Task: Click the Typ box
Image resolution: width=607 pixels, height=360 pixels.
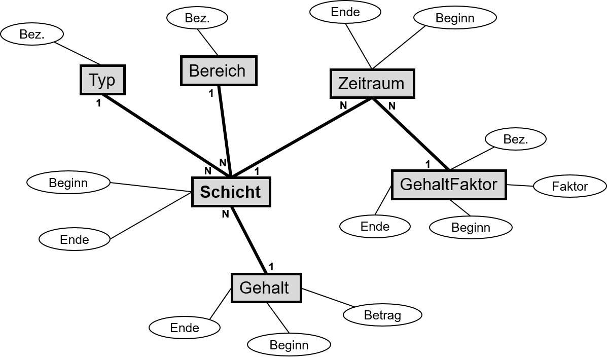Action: tap(102, 80)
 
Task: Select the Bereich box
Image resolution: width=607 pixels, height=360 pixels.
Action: tap(219, 71)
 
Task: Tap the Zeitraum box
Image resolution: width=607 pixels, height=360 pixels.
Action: tap(372, 84)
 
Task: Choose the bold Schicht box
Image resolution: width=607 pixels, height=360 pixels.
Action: tap(231, 192)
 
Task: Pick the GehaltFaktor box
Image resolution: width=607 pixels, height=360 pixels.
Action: tap(449, 185)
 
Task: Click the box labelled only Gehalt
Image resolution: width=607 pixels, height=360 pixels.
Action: tap(266, 288)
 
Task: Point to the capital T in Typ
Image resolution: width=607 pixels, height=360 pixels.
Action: tap(94, 80)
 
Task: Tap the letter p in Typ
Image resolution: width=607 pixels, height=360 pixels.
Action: tap(111, 81)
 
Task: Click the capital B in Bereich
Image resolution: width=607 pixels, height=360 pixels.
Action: tap(194, 71)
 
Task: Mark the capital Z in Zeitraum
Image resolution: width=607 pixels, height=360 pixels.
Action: tap(343, 84)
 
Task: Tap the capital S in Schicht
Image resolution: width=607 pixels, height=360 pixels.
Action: tap(205, 192)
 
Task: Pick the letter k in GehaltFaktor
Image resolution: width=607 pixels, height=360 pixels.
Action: tap(470, 184)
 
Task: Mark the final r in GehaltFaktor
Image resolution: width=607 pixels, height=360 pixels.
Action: tap(494, 185)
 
